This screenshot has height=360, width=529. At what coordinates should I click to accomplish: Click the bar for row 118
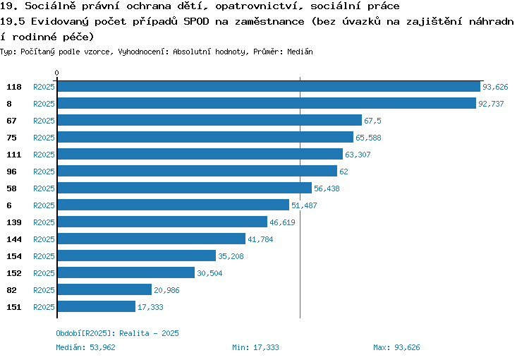269,86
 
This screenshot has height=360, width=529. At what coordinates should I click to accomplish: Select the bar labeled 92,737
267,103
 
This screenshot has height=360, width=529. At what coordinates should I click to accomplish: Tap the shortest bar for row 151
97,306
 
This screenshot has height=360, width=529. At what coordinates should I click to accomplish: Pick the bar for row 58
185,188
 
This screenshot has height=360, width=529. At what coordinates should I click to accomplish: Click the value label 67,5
372,121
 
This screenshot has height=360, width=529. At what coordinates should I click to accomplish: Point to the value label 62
343,172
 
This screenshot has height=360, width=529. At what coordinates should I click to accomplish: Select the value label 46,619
282,222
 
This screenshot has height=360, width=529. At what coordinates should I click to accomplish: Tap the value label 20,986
166,290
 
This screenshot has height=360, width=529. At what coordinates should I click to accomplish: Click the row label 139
14,222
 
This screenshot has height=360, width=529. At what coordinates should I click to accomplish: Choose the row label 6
9,205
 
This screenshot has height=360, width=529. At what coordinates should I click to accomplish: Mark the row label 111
14,155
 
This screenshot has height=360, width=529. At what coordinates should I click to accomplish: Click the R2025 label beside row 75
44,138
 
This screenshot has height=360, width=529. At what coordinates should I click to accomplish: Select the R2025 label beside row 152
44,273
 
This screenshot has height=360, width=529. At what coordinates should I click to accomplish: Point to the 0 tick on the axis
56,73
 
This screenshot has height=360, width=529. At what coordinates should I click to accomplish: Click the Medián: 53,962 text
85,347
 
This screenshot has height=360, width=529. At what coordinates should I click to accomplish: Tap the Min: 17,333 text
255,347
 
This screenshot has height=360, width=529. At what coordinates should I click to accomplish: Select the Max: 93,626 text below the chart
396,347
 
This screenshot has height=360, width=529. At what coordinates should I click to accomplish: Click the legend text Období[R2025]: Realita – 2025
117,333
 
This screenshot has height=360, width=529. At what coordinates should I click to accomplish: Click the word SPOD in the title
196,22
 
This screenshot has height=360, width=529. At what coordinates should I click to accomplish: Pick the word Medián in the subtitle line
300,52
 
